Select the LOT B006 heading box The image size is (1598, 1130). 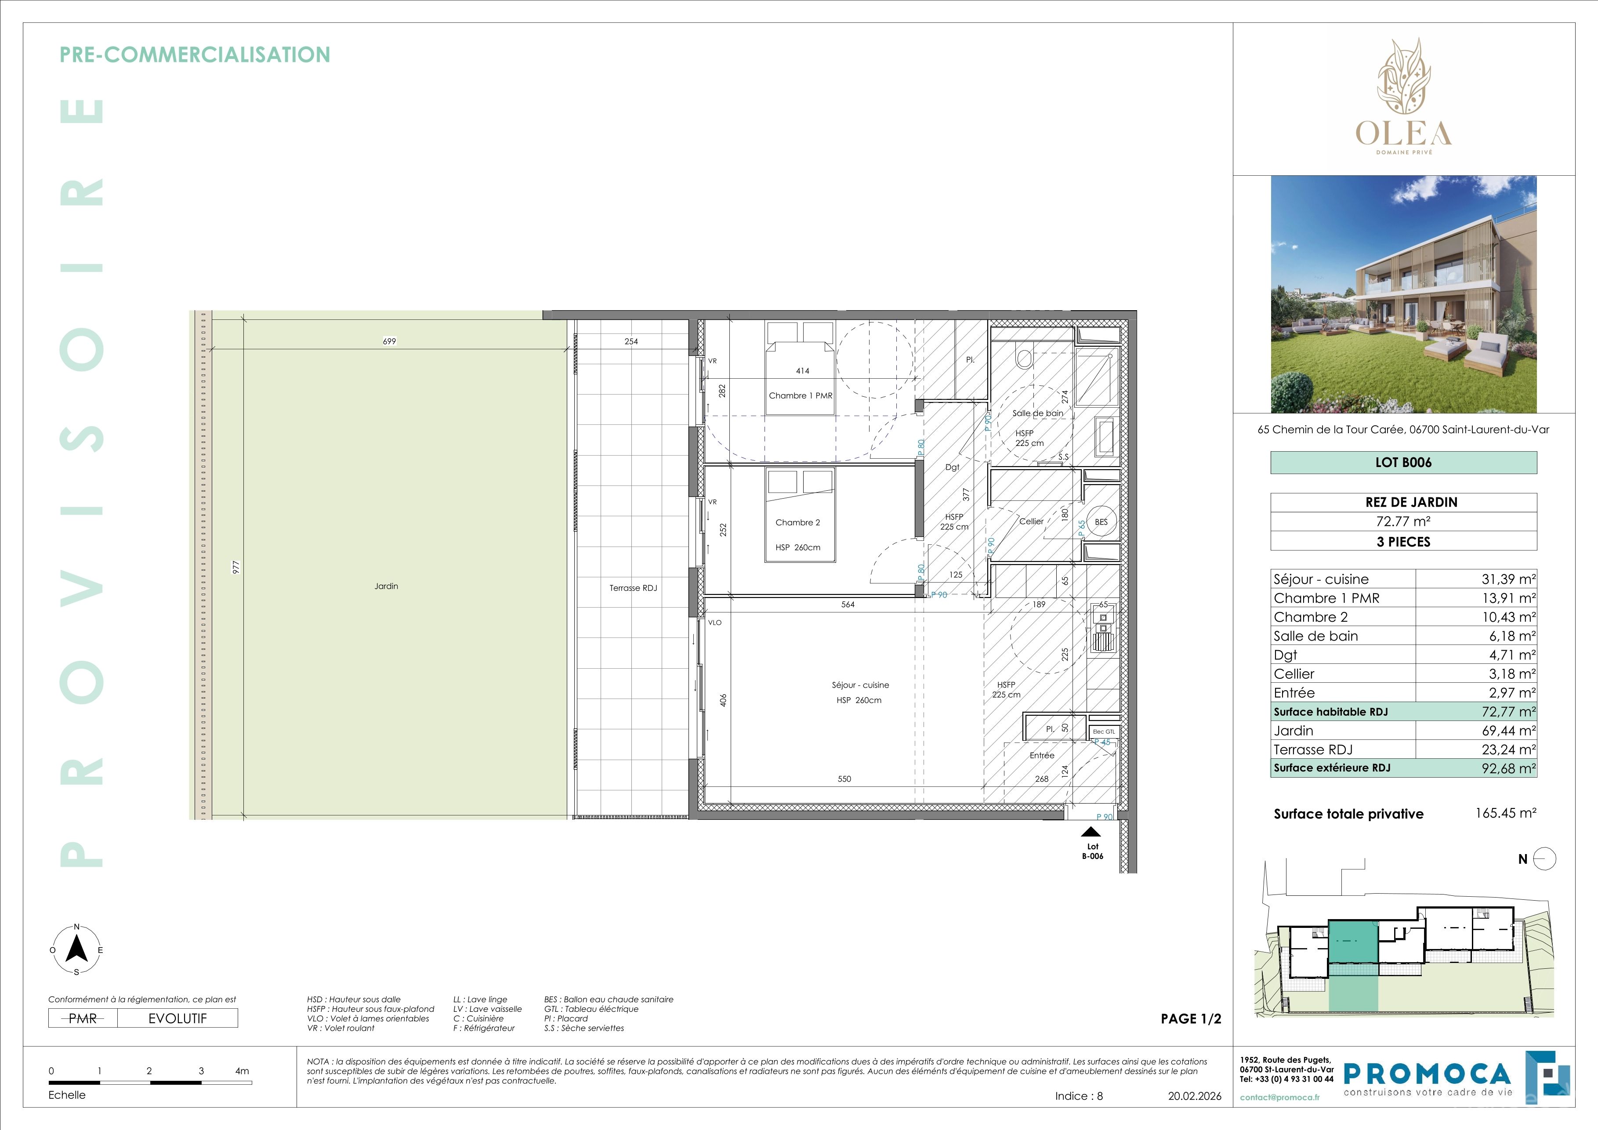click(1403, 463)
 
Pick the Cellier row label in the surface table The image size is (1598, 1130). click(1294, 674)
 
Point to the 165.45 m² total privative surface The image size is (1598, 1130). click(1505, 813)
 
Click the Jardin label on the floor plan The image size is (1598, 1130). click(386, 586)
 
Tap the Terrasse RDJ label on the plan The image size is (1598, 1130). click(633, 588)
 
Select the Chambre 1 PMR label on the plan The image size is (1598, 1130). click(801, 395)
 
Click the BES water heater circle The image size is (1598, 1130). click(1101, 522)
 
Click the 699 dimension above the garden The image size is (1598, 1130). click(389, 341)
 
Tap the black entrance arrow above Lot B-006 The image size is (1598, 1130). click(1091, 832)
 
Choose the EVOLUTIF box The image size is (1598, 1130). click(178, 1018)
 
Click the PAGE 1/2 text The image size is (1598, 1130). click(1191, 1019)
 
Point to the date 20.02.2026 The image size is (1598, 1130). click(1194, 1096)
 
